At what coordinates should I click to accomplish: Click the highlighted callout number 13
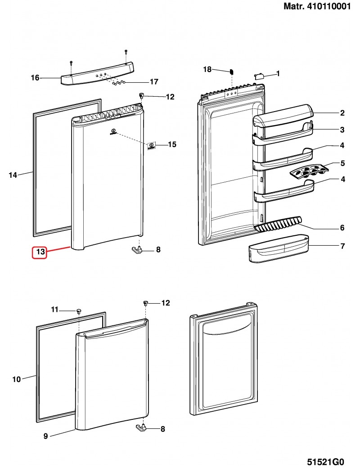tap(40, 252)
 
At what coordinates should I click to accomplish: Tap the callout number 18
tap(207, 69)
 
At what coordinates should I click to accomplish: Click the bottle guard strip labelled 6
tap(278, 223)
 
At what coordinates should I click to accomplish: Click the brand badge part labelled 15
tap(152, 145)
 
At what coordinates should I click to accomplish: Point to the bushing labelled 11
tap(79, 311)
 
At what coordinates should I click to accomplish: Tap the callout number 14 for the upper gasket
tap(13, 175)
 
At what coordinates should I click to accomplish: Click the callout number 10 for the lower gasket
tap(16, 379)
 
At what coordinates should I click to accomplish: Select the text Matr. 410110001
tap(317, 7)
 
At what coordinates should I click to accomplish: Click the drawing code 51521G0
tap(325, 462)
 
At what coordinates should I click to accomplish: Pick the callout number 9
tap(46, 436)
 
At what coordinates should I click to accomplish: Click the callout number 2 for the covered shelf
tap(342, 113)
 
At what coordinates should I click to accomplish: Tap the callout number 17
tap(154, 82)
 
